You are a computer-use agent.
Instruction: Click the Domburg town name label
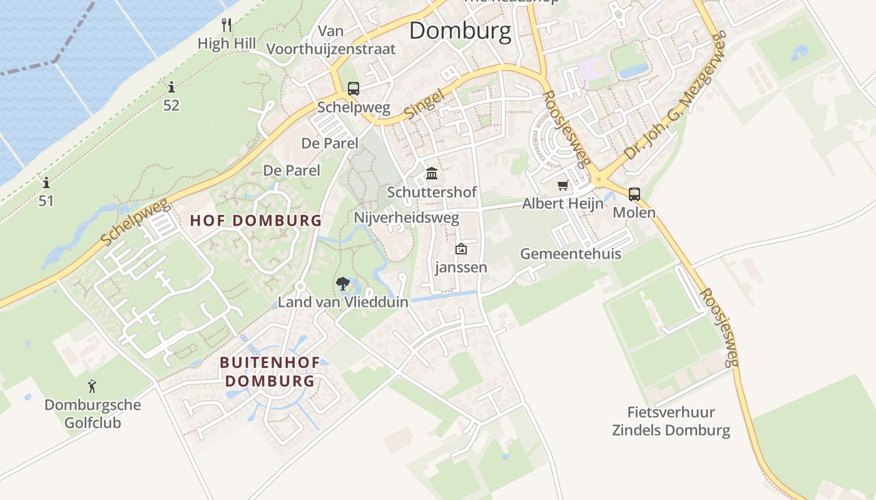[460, 31]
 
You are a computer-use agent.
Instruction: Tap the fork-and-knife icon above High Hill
[227, 25]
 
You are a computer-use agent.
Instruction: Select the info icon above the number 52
[171, 87]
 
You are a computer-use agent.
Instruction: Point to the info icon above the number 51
[46, 183]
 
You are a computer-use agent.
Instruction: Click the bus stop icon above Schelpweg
[354, 89]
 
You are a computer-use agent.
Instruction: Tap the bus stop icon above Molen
[634, 194]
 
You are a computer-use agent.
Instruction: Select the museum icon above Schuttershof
[432, 173]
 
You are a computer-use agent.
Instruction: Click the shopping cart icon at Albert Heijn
[563, 186]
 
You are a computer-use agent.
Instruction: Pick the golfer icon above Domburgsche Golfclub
[93, 386]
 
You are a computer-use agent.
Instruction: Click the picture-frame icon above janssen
[461, 249]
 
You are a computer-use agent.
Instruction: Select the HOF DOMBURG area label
[256, 221]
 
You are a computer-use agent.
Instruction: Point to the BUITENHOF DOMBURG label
[270, 371]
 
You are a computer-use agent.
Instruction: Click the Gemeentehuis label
[571, 254]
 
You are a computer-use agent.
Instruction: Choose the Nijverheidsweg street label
[407, 218]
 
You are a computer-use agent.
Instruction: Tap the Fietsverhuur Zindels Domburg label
[671, 421]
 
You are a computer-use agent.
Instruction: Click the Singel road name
[424, 104]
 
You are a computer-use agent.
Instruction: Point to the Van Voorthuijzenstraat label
[331, 40]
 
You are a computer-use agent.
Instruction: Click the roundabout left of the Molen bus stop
[599, 180]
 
